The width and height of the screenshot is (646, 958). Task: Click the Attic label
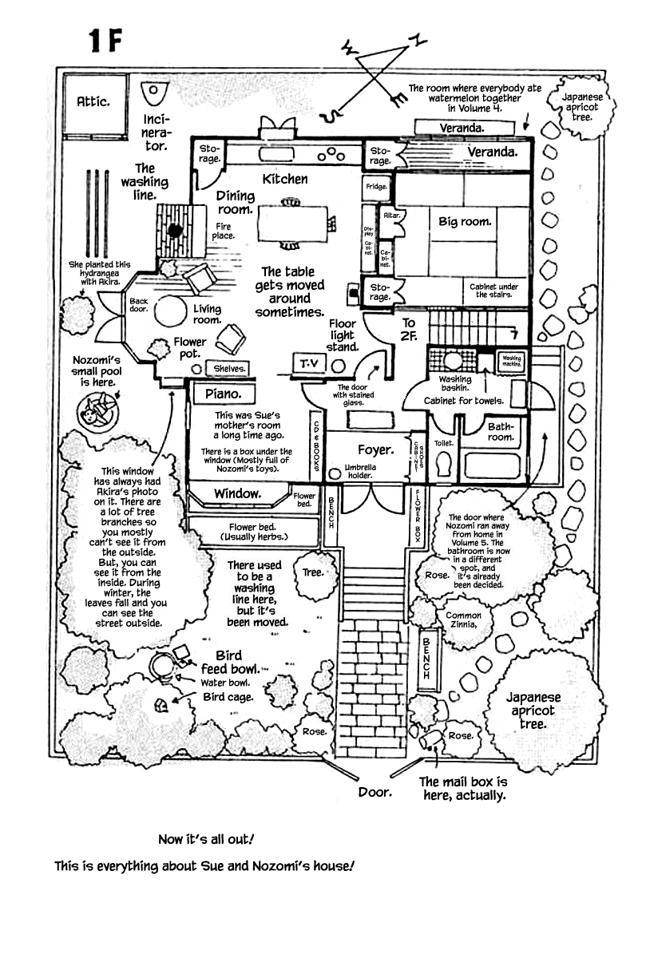click(93, 101)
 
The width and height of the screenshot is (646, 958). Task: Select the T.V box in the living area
click(308, 364)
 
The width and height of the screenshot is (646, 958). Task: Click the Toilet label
click(444, 442)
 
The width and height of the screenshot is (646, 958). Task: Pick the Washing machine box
click(511, 360)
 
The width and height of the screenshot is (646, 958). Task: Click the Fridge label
click(376, 187)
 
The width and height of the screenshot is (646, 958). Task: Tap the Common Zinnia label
click(463, 620)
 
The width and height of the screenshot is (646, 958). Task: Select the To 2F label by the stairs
click(409, 329)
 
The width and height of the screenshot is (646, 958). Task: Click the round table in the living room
click(170, 311)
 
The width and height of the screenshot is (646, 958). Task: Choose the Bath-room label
click(501, 431)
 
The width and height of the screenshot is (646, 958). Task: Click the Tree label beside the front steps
click(314, 572)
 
